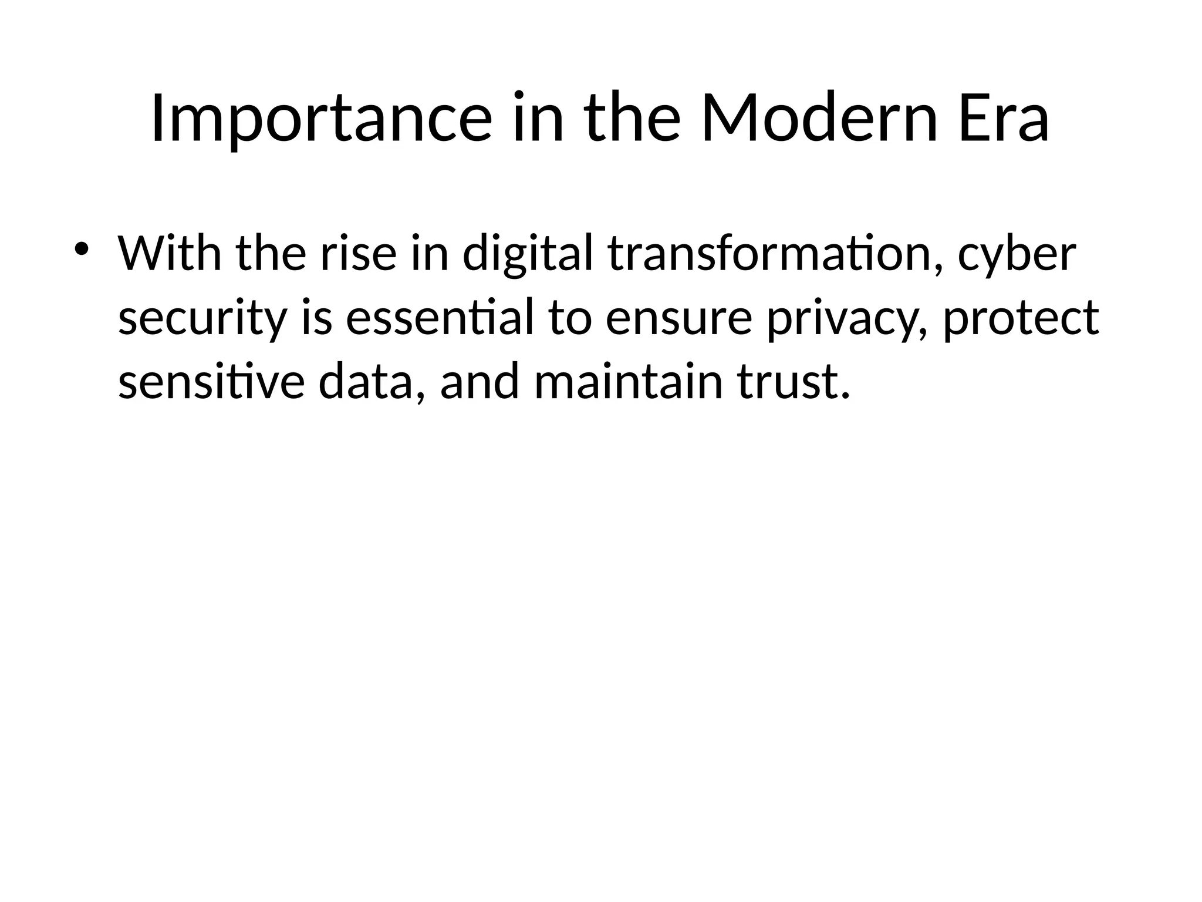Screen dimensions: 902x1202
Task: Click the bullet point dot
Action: [x=81, y=248]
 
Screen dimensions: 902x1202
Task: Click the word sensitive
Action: [x=211, y=381]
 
